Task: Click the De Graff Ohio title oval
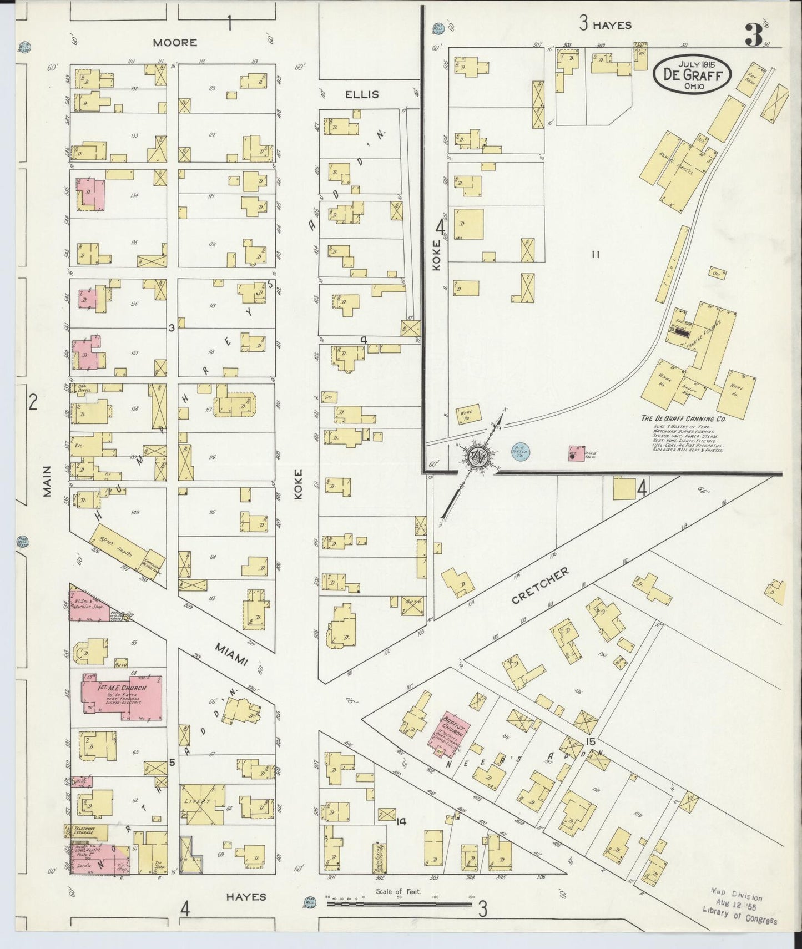point(691,75)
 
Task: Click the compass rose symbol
point(476,457)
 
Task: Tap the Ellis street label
point(362,94)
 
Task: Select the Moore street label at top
point(175,42)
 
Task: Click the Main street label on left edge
point(47,481)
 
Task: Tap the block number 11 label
point(596,255)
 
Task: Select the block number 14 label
point(401,821)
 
